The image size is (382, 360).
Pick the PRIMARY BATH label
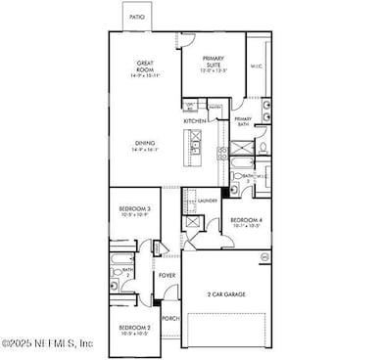tap(243, 121)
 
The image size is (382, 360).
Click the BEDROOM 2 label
tap(134, 327)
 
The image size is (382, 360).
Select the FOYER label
tap(167, 276)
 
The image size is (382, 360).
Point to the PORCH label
tap(169, 318)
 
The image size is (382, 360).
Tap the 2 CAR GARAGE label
tap(227, 293)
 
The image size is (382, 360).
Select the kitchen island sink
tap(195, 149)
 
